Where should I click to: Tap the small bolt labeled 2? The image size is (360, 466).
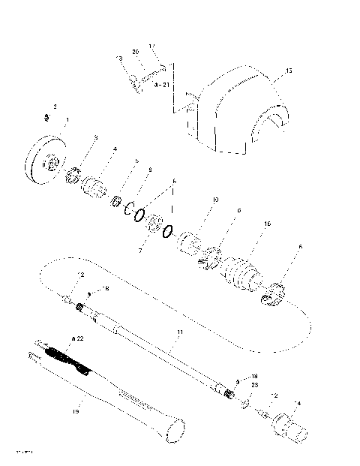click(x=46, y=117)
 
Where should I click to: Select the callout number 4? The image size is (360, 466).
click(x=115, y=149)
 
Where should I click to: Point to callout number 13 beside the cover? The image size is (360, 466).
click(x=289, y=72)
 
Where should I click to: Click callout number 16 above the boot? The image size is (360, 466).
click(x=267, y=224)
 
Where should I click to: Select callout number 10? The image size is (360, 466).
click(x=215, y=200)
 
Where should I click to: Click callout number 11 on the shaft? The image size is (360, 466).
click(x=179, y=331)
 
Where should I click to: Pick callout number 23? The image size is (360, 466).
click(x=254, y=384)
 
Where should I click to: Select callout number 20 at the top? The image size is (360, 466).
click(x=136, y=52)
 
